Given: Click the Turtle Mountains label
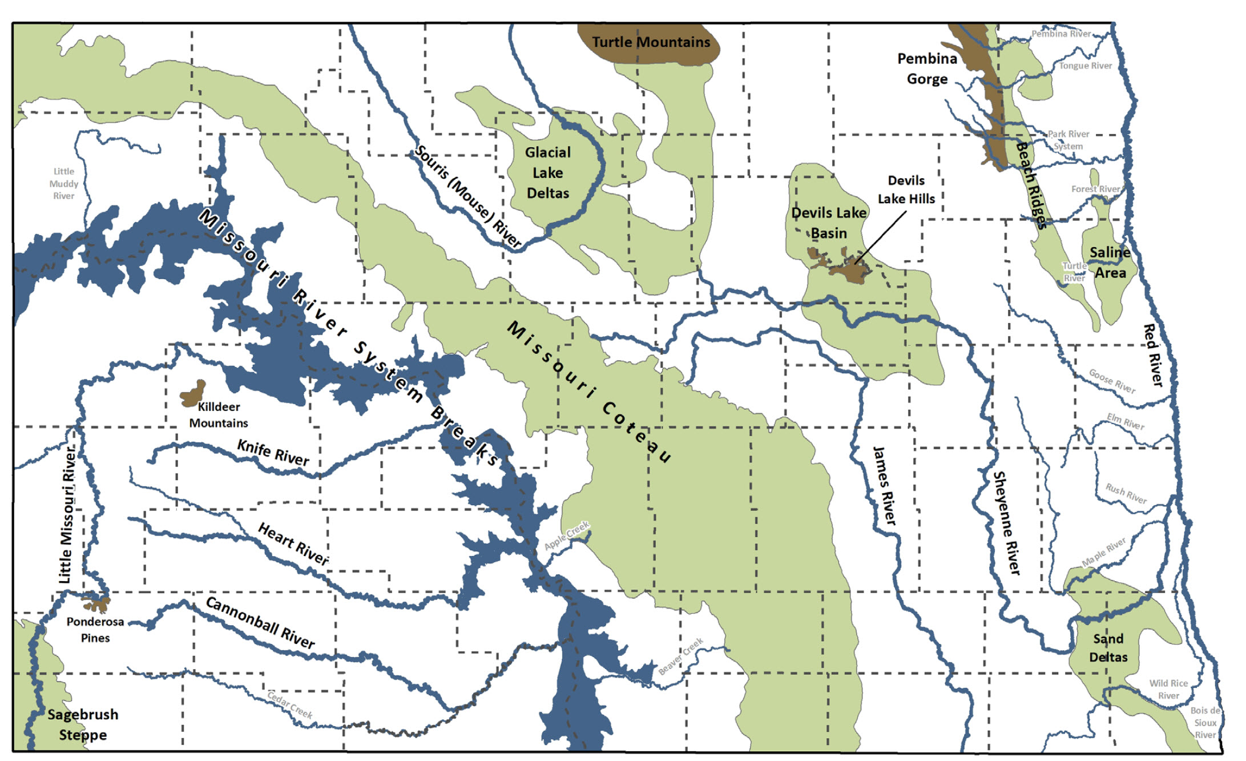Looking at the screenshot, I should pyautogui.click(x=651, y=42).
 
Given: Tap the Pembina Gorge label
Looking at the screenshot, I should pyautogui.click(x=926, y=69).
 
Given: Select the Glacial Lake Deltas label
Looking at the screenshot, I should pyautogui.click(x=547, y=172).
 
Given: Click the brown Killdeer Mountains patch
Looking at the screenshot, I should pyautogui.click(x=193, y=394).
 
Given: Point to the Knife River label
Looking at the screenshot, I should pyautogui.click(x=273, y=453).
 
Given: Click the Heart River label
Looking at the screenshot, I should pyautogui.click(x=293, y=543).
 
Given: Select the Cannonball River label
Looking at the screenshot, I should pyautogui.click(x=260, y=622).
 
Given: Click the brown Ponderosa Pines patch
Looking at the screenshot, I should pyautogui.click(x=96, y=603).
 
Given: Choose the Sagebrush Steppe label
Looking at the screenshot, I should pyautogui.click(x=83, y=724).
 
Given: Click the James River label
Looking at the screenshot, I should pyautogui.click(x=884, y=485).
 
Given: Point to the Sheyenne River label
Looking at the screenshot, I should pyautogui.click(x=1006, y=522).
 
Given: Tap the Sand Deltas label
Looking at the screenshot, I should pyautogui.click(x=1108, y=648).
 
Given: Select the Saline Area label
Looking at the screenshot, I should pyautogui.click(x=1110, y=263).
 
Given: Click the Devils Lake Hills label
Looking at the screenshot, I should pyautogui.click(x=906, y=190).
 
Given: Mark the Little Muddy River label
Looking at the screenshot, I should pyautogui.click(x=63, y=183).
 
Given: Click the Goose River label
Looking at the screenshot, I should pyautogui.click(x=1112, y=381).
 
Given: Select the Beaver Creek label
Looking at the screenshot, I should pyautogui.click(x=680, y=657).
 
